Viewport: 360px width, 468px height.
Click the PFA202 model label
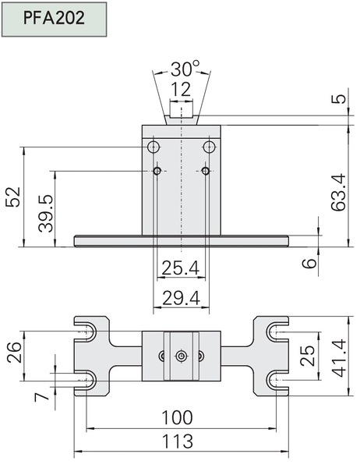54,18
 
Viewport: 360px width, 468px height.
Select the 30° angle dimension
185,69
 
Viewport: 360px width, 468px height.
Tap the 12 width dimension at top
181,89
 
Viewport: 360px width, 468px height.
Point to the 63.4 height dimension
339,193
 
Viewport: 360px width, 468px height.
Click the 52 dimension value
13,197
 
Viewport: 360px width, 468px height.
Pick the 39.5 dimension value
46,214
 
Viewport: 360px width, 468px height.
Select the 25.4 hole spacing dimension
181,268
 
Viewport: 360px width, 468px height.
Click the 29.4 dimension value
181,298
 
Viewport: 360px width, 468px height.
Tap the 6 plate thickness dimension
309,264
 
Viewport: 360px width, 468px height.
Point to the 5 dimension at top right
339,98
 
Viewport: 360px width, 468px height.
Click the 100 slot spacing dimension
177,417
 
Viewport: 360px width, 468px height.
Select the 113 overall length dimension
177,441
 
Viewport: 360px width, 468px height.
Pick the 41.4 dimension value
339,358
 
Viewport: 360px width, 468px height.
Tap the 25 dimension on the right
308,356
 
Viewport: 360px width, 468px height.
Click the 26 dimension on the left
14,353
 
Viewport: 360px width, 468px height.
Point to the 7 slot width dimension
41,397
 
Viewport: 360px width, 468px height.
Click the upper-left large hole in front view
154,147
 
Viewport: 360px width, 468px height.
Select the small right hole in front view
206,171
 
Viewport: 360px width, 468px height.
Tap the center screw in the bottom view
181,356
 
